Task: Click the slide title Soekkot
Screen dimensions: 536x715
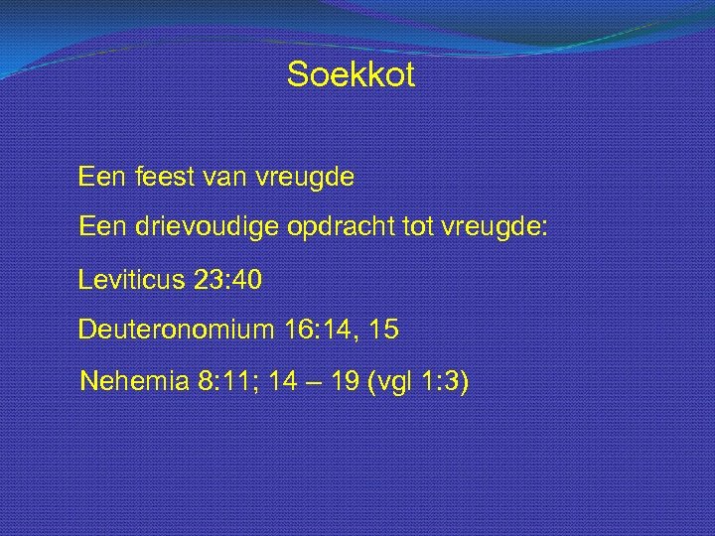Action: pyautogui.click(x=351, y=75)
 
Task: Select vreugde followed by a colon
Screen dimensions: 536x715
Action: pyautogui.click(x=499, y=229)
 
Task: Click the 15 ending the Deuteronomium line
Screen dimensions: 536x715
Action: pyautogui.click(x=382, y=331)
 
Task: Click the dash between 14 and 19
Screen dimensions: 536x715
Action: pyautogui.click(x=310, y=382)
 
